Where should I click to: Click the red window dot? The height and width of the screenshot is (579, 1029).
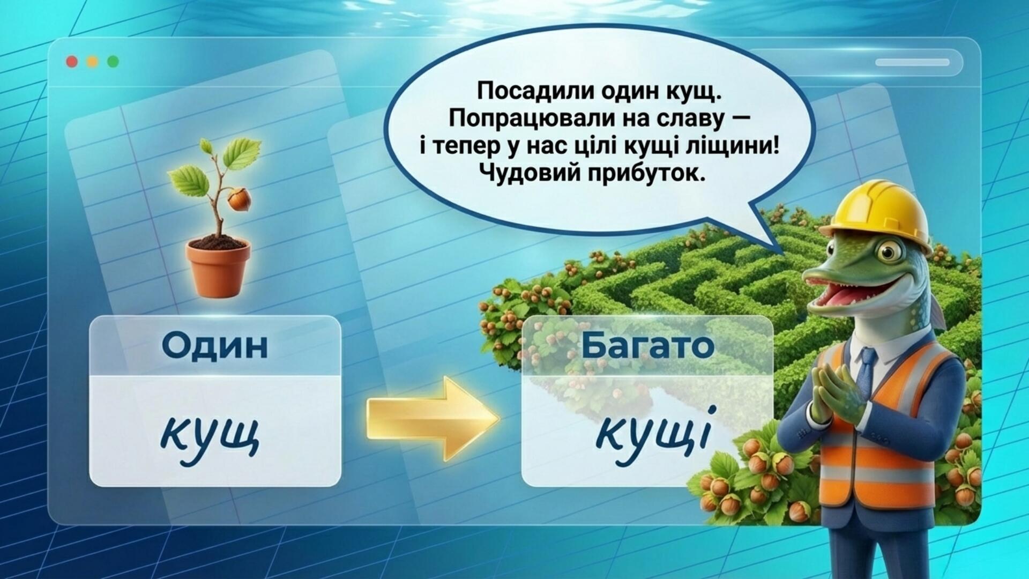72,62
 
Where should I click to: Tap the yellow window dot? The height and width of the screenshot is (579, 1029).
92,62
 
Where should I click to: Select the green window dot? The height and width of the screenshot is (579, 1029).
113,62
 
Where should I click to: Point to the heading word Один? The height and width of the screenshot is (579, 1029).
215,346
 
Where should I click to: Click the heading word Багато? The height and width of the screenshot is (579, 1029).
648,346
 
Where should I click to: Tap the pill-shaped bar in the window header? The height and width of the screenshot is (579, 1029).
912,62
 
